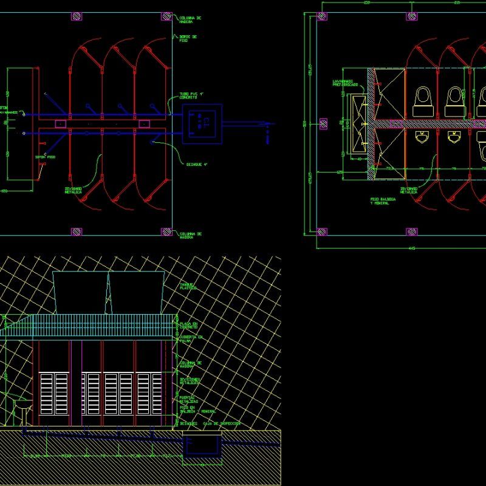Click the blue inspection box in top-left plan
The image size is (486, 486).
pos(202,123)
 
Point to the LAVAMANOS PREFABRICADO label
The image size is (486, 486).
pos(344,83)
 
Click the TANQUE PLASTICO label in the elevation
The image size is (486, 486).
pos(188,286)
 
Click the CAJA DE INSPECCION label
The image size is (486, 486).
pos(222,423)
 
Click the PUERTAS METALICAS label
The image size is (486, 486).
pos(188,399)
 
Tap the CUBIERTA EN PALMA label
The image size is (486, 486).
pos(190,338)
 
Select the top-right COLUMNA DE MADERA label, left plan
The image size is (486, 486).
pos(190,19)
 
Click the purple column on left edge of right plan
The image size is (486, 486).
pos(323,123)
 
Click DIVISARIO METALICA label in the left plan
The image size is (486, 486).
pos(74,190)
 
